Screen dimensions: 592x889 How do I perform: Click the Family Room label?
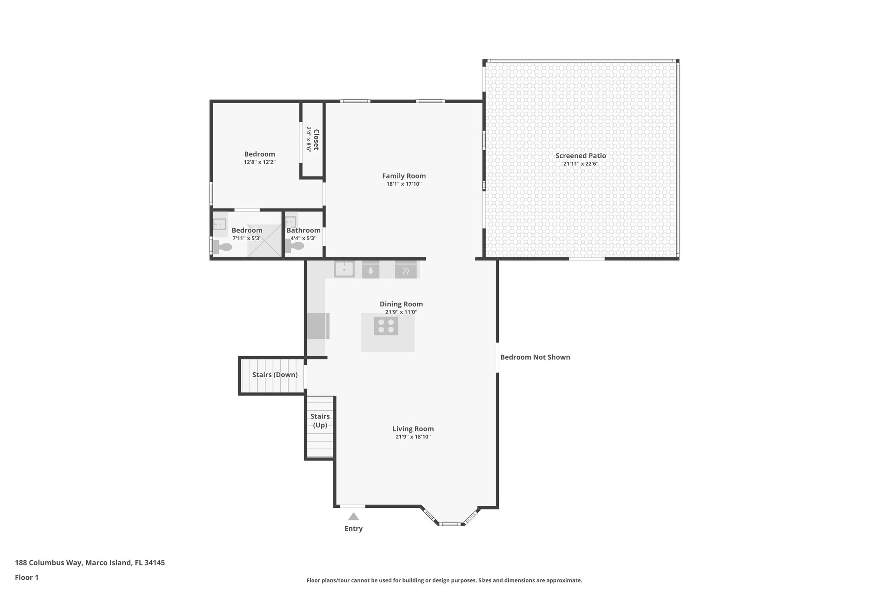pyautogui.click(x=404, y=176)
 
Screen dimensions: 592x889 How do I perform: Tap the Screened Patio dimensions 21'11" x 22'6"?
pyautogui.click(x=581, y=164)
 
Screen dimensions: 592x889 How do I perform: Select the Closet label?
pyautogui.click(x=316, y=140)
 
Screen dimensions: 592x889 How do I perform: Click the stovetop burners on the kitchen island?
pyautogui.click(x=386, y=326)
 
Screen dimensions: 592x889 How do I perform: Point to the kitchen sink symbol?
pyautogui.click(x=344, y=269)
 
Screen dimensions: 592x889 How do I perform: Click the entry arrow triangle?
pyautogui.click(x=353, y=517)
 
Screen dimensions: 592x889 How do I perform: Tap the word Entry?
pyautogui.click(x=353, y=528)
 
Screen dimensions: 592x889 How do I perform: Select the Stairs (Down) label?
pyautogui.click(x=275, y=375)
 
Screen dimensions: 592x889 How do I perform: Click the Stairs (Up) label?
pyautogui.click(x=320, y=421)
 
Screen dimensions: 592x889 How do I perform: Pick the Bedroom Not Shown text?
pyautogui.click(x=535, y=357)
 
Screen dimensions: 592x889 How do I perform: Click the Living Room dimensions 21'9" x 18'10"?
pyautogui.click(x=413, y=437)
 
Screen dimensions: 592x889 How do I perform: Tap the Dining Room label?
pyautogui.click(x=401, y=304)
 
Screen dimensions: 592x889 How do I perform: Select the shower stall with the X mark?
pyautogui.click(x=264, y=241)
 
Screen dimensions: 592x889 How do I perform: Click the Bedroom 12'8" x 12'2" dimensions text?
pyautogui.click(x=260, y=162)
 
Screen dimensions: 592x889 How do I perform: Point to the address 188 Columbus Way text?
pyautogui.click(x=90, y=563)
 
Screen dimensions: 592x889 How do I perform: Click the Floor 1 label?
pyautogui.click(x=26, y=577)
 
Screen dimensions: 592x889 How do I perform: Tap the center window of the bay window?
pyautogui.click(x=450, y=524)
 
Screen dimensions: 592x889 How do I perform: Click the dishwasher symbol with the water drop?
pyautogui.click(x=371, y=270)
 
